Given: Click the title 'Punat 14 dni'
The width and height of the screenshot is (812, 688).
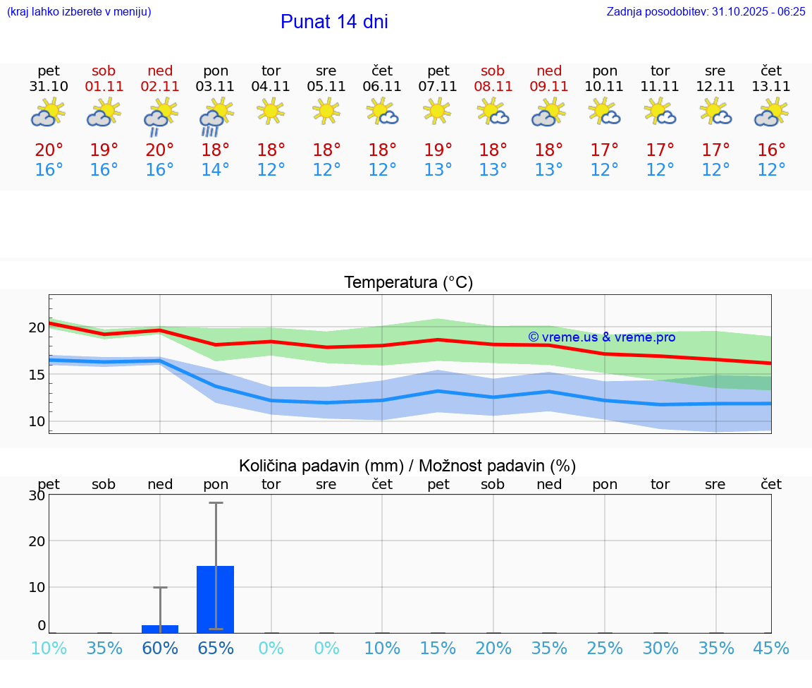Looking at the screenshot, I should coord(334,22).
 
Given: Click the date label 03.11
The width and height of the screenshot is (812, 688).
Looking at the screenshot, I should coord(215,87).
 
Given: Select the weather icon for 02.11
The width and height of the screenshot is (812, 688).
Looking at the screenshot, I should coord(160,116).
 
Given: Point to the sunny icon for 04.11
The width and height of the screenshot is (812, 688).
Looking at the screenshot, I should coord(271,111).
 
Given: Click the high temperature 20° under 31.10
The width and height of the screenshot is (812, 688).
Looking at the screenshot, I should coord(49,150).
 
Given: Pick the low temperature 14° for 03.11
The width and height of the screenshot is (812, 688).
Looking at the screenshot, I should coord(215,170).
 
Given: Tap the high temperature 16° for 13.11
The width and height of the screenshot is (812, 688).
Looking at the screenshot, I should coord(771,150).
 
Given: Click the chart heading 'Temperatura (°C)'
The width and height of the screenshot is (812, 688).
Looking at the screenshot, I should coord(408,283).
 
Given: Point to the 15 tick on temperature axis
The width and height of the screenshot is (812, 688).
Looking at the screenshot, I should coord(37,375).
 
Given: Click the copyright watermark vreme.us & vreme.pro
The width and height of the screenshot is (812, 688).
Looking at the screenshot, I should coord(601,337).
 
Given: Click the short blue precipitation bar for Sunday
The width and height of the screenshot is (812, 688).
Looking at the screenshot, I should coord(160,629).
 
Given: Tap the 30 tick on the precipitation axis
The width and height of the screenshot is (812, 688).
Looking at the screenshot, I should coord(37,495).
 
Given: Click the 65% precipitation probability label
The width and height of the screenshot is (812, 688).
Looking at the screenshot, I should coord(215,648).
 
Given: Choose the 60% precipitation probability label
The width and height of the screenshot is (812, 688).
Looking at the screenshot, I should coord(160,648).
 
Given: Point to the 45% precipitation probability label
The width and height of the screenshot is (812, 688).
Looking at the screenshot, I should coord(771,648).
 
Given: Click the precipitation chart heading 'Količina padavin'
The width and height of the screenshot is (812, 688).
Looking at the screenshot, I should coord(407,466).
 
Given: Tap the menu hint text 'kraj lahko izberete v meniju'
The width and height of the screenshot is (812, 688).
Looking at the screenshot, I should coord(79,11).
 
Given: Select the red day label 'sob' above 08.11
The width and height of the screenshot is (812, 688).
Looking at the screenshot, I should coord(493,71).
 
